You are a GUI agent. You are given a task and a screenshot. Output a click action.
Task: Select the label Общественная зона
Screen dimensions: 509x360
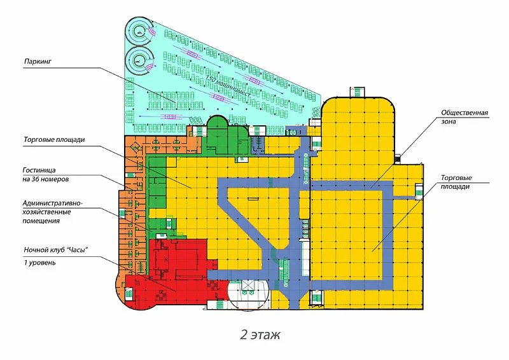click(464, 118)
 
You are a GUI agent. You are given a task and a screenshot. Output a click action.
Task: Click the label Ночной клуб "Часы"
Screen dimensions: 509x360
click(55, 249)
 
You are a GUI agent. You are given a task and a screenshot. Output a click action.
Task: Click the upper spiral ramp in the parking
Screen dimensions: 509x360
click(139, 27)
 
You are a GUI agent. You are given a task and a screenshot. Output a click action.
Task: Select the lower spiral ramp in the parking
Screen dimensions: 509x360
click(139, 61)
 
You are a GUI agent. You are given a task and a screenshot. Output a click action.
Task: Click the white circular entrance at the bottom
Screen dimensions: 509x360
click(248, 294)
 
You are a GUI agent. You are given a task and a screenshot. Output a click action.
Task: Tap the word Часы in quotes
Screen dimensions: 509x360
click(76, 249)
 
